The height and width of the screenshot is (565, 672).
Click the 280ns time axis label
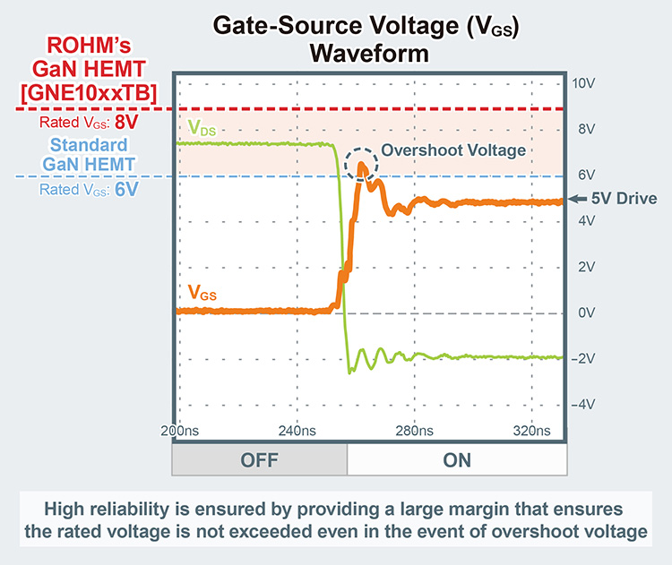[x=415, y=431]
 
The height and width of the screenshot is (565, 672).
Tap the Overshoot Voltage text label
[x=453, y=150]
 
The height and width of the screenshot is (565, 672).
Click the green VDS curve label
[x=202, y=131]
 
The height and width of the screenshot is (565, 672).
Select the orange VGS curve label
[x=202, y=292]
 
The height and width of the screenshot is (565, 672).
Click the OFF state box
[x=259, y=460]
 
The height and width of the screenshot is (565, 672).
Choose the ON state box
[x=456, y=460]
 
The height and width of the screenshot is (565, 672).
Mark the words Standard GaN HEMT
[x=88, y=155]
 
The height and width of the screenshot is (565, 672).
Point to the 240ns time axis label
[x=297, y=431]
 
